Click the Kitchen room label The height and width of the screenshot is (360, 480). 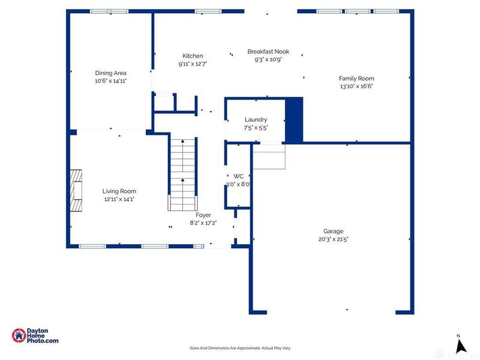193,56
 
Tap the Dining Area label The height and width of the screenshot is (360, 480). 110,73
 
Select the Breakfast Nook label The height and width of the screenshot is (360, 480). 268,52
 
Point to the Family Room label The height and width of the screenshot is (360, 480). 356,79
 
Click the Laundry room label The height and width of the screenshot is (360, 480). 256,119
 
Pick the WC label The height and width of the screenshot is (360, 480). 238,176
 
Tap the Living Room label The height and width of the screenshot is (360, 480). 119,191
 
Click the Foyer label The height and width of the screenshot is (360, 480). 203,215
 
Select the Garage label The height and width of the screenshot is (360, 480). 334,232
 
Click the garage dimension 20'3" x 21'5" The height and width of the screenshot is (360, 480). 334,239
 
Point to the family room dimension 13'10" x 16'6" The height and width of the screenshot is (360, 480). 356,86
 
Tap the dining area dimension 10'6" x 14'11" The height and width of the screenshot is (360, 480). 110,81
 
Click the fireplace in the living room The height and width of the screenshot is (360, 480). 76,190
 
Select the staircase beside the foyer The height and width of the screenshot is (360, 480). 183,175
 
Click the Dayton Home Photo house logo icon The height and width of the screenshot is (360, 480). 19,335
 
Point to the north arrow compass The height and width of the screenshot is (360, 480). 460,344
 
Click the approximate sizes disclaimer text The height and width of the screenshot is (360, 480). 240,348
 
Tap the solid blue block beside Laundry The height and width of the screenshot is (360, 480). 294,120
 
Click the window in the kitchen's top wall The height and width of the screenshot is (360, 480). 208,11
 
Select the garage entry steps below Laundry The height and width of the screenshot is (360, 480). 269,157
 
